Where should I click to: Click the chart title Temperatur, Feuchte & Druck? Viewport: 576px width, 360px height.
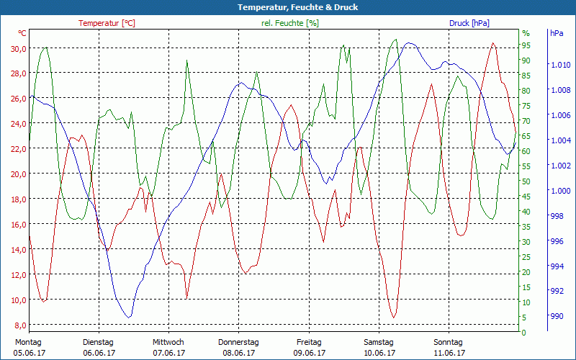(x=287, y=7)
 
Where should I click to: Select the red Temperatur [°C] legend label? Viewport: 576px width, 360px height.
(x=107, y=23)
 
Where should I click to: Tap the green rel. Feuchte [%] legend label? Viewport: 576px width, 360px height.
(x=289, y=23)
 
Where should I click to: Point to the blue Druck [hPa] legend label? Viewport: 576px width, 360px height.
(x=469, y=23)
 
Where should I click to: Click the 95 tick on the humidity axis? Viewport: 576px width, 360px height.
(x=526, y=45)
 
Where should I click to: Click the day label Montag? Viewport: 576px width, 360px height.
(x=28, y=342)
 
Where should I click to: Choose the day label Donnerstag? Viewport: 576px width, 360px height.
(x=238, y=342)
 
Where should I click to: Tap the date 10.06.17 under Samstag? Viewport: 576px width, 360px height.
(x=379, y=353)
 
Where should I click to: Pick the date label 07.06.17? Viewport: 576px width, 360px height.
(x=168, y=353)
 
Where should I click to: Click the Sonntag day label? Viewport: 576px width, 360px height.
(x=449, y=342)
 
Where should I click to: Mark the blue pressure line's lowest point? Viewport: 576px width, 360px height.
(x=129, y=317)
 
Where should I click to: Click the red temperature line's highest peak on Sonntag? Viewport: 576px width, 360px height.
(x=493, y=43)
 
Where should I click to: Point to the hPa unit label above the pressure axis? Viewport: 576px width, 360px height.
(x=557, y=33)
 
